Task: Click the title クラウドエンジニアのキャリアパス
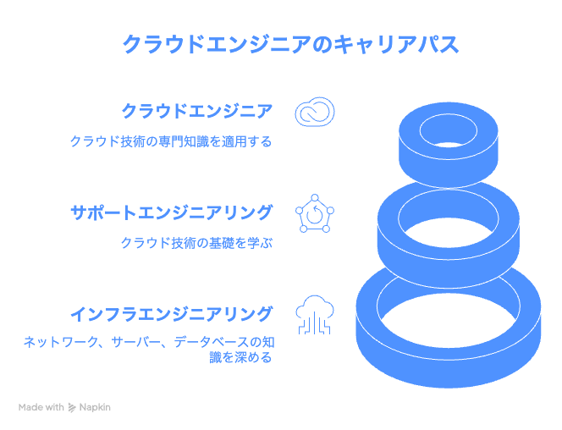[x=290, y=44]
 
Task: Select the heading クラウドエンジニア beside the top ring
[x=197, y=111]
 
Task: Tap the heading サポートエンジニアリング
[x=172, y=212]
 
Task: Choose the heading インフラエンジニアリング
[x=172, y=314]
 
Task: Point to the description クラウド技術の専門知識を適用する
[x=171, y=141]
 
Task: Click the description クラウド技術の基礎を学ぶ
[x=196, y=243]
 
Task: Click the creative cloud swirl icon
[x=315, y=112]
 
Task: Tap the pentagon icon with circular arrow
[x=315, y=213]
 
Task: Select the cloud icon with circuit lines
[x=315, y=315]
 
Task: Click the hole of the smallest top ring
[x=448, y=131]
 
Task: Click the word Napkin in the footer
[x=95, y=407]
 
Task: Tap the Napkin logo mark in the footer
[x=72, y=408]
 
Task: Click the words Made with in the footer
[x=41, y=407]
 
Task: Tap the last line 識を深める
[x=240, y=357]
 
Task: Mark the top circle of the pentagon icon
[x=315, y=198]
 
